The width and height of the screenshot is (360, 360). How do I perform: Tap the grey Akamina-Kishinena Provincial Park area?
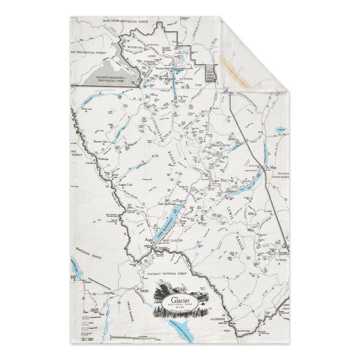coord(108,77)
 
